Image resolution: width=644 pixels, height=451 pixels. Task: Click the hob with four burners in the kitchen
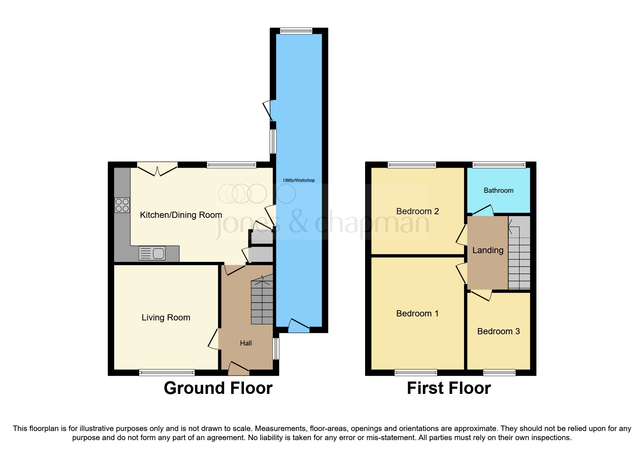tap(122, 205)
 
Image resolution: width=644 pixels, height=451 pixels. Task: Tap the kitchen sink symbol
tap(152, 253)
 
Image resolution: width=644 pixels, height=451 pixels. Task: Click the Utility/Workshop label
tap(299, 180)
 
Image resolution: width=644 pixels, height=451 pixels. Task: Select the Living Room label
tap(166, 318)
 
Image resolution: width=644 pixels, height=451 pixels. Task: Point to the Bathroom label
tap(498, 190)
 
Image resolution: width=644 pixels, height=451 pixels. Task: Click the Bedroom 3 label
tap(498, 331)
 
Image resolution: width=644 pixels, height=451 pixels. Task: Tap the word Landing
tap(488, 250)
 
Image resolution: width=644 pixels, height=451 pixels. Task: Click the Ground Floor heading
tap(218, 388)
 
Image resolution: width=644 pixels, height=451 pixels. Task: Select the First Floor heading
tap(449, 388)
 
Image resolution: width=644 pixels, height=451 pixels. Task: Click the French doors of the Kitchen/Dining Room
tap(157, 169)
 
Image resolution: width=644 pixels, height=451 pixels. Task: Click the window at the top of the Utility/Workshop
tap(296, 31)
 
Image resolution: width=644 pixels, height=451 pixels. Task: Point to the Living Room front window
tap(167, 372)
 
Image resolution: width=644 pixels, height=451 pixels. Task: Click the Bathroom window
tap(499, 165)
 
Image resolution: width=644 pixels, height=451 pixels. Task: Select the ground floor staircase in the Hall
tap(262, 302)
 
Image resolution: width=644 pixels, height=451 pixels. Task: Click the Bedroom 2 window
tap(412, 165)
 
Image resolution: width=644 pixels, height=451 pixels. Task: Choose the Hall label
tap(246, 343)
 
